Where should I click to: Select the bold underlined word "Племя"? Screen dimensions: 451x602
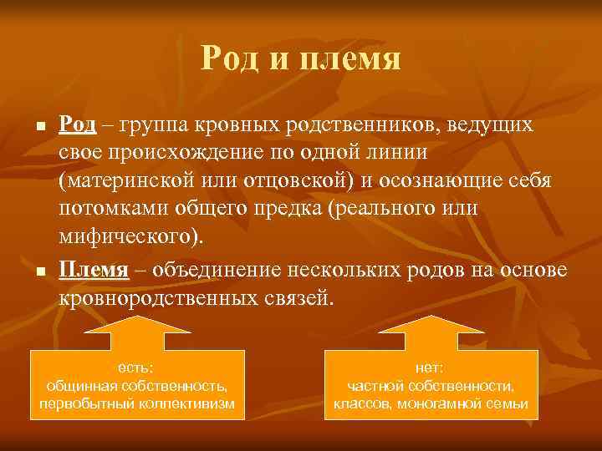click(x=93, y=270)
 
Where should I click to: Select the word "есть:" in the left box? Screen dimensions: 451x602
click(x=137, y=367)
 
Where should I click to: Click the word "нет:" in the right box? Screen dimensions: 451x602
click(x=431, y=367)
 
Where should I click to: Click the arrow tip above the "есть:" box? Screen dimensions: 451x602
click(x=137, y=320)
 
